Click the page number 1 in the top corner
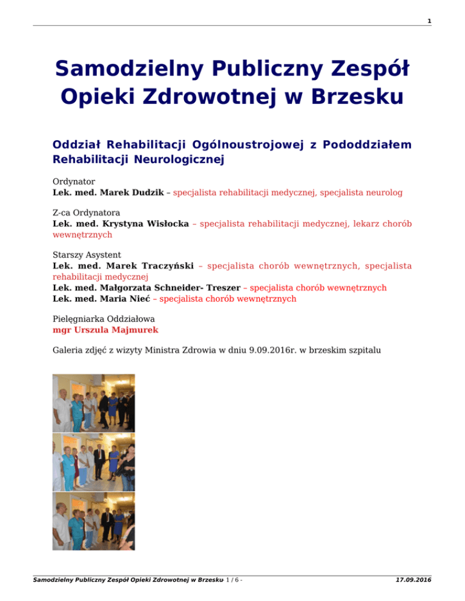click(x=429, y=21)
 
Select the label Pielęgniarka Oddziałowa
click(x=101, y=319)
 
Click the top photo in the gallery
click(x=93, y=402)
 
